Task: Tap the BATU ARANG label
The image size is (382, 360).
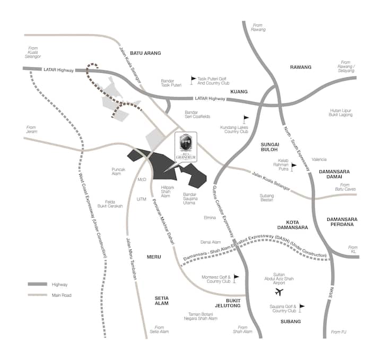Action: click(x=145, y=53)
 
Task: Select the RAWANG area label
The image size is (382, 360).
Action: click(x=300, y=67)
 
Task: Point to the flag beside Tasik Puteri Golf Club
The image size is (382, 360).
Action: click(x=193, y=79)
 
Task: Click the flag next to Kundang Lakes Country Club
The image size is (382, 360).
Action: click(x=246, y=118)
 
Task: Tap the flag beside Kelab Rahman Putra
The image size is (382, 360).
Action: click(x=293, y=167)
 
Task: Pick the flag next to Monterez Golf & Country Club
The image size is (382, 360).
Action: click(x=236, y=277)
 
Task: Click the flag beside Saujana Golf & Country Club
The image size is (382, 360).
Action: click(x=302, y=307)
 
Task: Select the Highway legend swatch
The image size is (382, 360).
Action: click(x=37, y=284)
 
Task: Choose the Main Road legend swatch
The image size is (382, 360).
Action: click(x=37, y=295)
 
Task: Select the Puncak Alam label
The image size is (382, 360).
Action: click(x=118, y=172)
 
